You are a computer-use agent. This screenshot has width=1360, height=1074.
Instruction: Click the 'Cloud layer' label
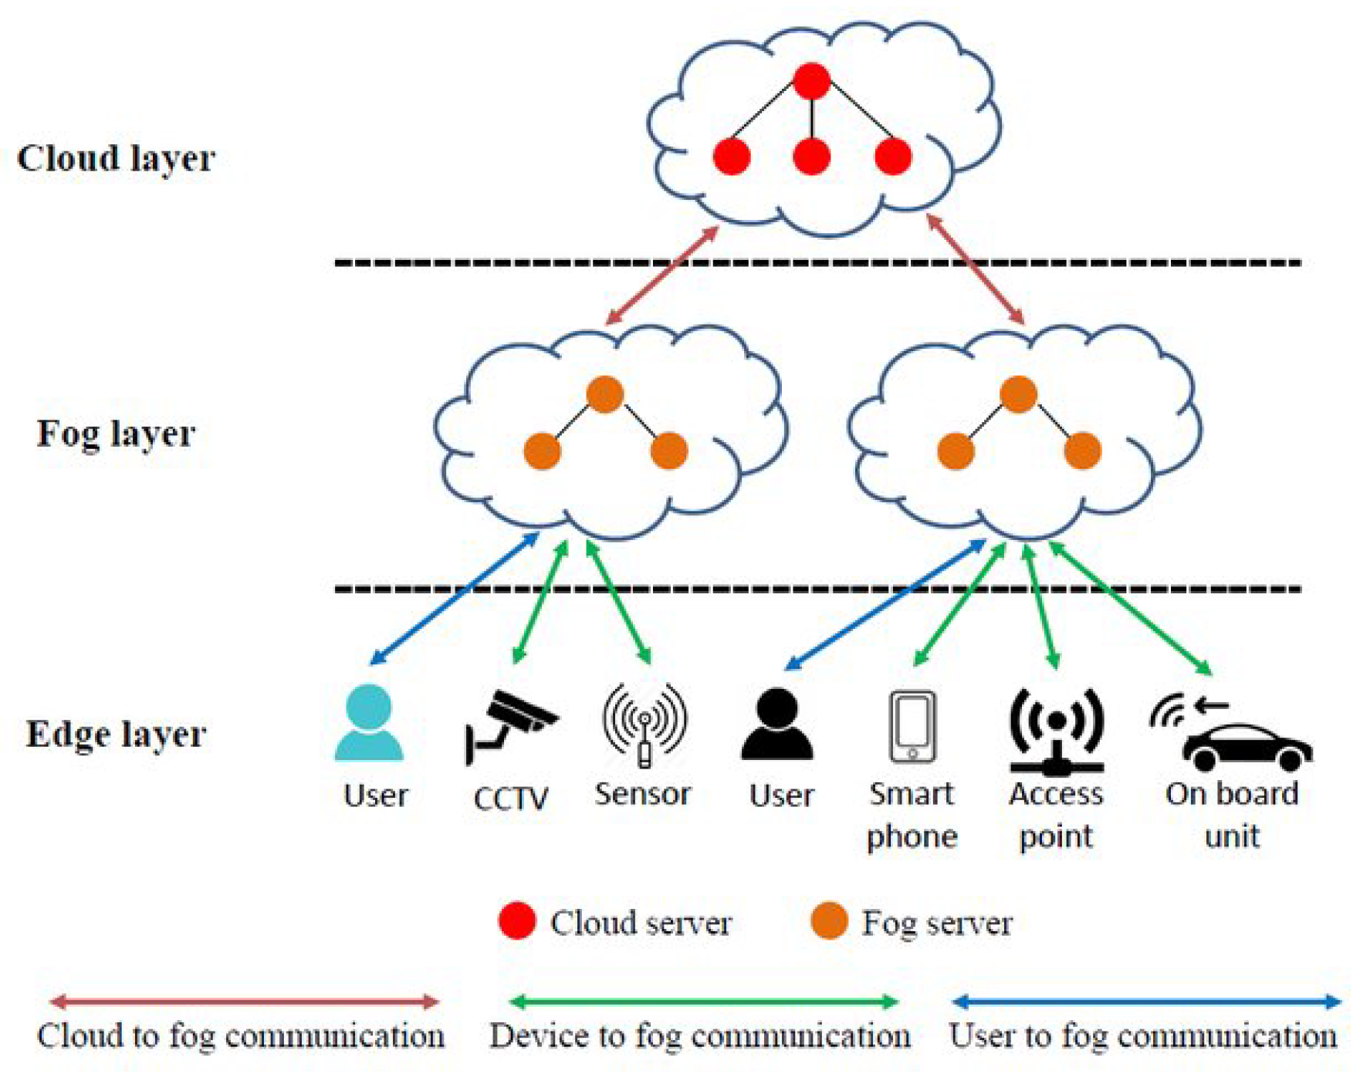[x=116, y=158]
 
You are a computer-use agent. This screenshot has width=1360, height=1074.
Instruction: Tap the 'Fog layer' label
[x=116, y=434]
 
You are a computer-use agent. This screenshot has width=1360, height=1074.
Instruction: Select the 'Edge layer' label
[x=116, y=734]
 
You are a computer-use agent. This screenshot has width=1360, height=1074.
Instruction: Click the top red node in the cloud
[x=811, y=81]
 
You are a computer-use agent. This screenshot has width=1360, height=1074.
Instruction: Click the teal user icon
[x=369, y=723]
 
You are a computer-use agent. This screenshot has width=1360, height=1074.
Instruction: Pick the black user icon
[x=777, y=724]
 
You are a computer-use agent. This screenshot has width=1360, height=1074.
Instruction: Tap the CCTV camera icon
[x=509, y=725]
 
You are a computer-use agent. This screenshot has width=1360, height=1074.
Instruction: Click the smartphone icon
[x=912, y=726]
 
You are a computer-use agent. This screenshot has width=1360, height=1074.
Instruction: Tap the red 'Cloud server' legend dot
[x=517, y=921]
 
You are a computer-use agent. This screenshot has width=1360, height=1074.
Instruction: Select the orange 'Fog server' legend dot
[x=830, y=921]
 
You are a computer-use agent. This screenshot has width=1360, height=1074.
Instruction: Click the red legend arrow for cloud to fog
[x=244, y=1002]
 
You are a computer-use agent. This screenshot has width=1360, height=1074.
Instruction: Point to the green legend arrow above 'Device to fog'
[x=703, y=1002]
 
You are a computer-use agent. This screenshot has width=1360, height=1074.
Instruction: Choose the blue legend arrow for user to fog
[x=1147, y=1002]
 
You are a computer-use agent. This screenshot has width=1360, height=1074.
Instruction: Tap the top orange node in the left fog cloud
[x=604, y=394]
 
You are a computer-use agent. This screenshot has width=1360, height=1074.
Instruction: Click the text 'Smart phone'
[x=912, y=815]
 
